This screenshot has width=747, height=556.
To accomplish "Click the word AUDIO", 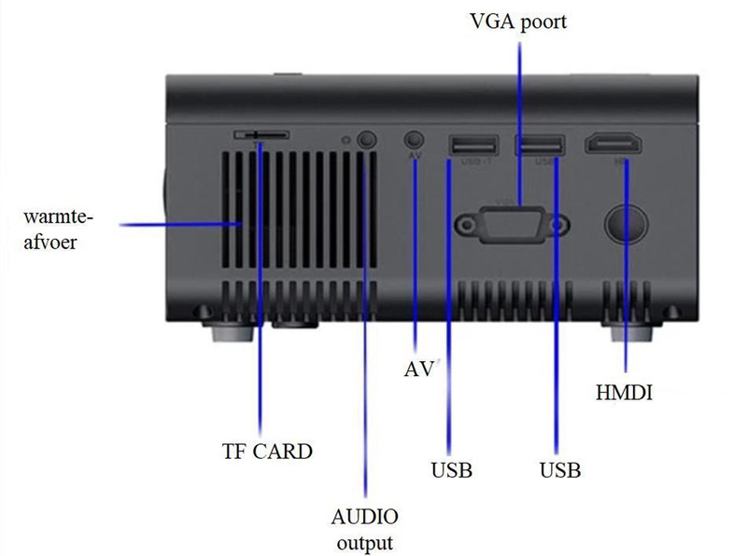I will pyautogui.click(x=365, y=517).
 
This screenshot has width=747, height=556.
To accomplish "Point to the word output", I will pyautogui.click(x=364, y=542).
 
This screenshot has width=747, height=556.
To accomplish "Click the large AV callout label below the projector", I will pyautogui.click(x=419, y=368).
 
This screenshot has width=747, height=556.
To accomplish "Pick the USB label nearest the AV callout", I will pyautogui.click(x=451, y=469).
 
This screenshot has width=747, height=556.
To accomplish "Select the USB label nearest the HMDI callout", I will pyautogui.click(x=560, y=469).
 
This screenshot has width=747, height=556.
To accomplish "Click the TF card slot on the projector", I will pyautogui.click(x=261, y=135).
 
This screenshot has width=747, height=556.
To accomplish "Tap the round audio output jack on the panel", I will pyautogui.click(x=369, y=139).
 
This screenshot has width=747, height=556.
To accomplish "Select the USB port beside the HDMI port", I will pyautogui.click(x=540, y=145).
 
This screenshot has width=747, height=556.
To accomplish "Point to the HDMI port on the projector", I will pyautogui.click(x=613, y=145).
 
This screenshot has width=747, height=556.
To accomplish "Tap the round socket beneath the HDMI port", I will pyautogui.click(x=624, y=222).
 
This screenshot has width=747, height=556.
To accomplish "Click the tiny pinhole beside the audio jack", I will pyautogui.click(x=346, y=140).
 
